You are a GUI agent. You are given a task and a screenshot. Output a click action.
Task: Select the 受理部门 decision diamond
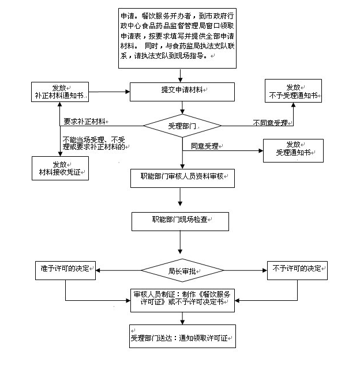[182, 125]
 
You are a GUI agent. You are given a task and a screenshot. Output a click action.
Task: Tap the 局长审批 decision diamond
[182, 270]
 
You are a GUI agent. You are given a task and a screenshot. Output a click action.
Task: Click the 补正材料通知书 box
[60, 92]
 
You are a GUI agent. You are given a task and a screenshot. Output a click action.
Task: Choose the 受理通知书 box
[293, 150]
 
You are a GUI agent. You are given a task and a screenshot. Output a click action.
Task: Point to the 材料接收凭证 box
[60, 168]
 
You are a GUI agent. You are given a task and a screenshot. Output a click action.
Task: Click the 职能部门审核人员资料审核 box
[182, 178]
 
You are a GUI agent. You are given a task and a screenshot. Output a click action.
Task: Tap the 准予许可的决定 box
[65, 270]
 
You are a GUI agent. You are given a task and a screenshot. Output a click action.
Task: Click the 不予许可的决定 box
[297, 270]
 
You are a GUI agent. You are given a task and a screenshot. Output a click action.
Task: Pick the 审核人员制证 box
[182, 300]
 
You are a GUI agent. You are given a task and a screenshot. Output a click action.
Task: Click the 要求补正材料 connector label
[86, 122]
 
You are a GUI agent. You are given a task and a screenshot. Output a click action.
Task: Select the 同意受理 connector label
[204, 146]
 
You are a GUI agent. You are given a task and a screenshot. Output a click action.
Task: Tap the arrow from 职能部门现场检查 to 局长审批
[182, 243]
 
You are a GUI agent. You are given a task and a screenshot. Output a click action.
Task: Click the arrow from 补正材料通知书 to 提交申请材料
[110, 92]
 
